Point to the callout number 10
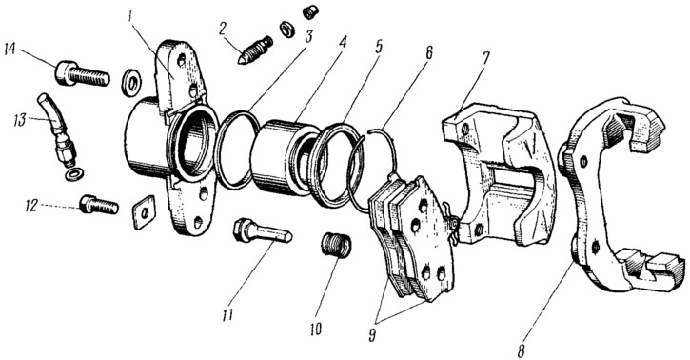click(315, 329)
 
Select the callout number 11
click(227, 315)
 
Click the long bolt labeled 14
click(82, 74)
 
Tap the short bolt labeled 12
click(99, 205)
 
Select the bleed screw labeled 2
click(255, 50)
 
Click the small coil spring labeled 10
click(336, 245)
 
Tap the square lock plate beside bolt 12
click(144, 211)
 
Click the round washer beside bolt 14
click(130, 82)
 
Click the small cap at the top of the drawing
click(310, 11)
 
